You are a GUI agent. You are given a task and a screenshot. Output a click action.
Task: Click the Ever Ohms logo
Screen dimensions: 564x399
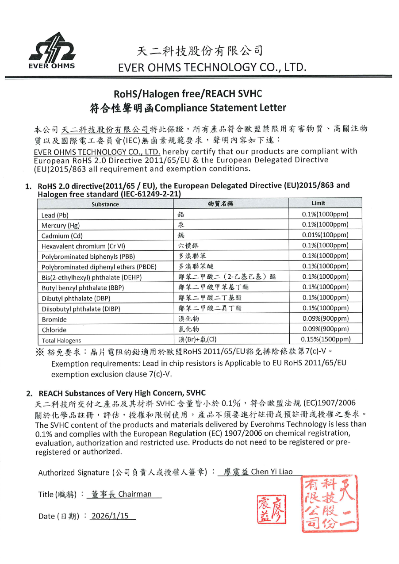pos(52,51)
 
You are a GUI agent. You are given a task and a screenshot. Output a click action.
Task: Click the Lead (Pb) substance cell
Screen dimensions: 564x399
pos(55,215)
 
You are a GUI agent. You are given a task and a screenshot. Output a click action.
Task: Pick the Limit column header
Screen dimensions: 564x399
pos(318,203)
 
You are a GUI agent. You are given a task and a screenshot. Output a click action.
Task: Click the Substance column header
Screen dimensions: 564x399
pos(105,204)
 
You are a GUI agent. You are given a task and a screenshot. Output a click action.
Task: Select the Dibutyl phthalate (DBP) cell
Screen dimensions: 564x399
pos(76,299)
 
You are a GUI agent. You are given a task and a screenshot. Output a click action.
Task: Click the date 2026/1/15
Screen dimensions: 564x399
pos(112,516)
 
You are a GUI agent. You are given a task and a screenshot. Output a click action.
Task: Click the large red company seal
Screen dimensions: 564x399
pos(330,504)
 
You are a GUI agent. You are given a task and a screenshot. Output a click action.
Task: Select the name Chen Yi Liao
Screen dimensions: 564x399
pos(272,472)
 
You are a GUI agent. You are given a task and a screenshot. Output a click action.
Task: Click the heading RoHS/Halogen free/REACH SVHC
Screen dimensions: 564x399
pos(188,94)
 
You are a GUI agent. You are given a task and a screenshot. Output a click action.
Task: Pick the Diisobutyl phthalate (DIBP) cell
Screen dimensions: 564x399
pos(81,309)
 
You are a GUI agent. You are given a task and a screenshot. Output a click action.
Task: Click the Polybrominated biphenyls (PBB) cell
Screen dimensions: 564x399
pos(88,257)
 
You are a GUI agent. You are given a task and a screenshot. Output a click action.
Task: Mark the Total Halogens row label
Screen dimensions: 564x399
pos(61,341)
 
